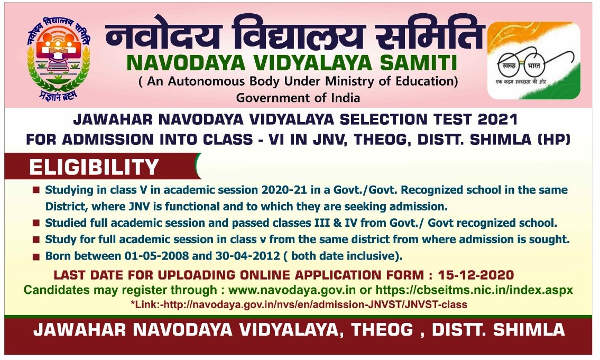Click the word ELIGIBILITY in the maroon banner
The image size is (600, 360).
pos(94,167)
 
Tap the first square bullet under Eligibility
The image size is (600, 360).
pos(36,189)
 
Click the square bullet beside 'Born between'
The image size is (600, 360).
pos(36,257)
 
